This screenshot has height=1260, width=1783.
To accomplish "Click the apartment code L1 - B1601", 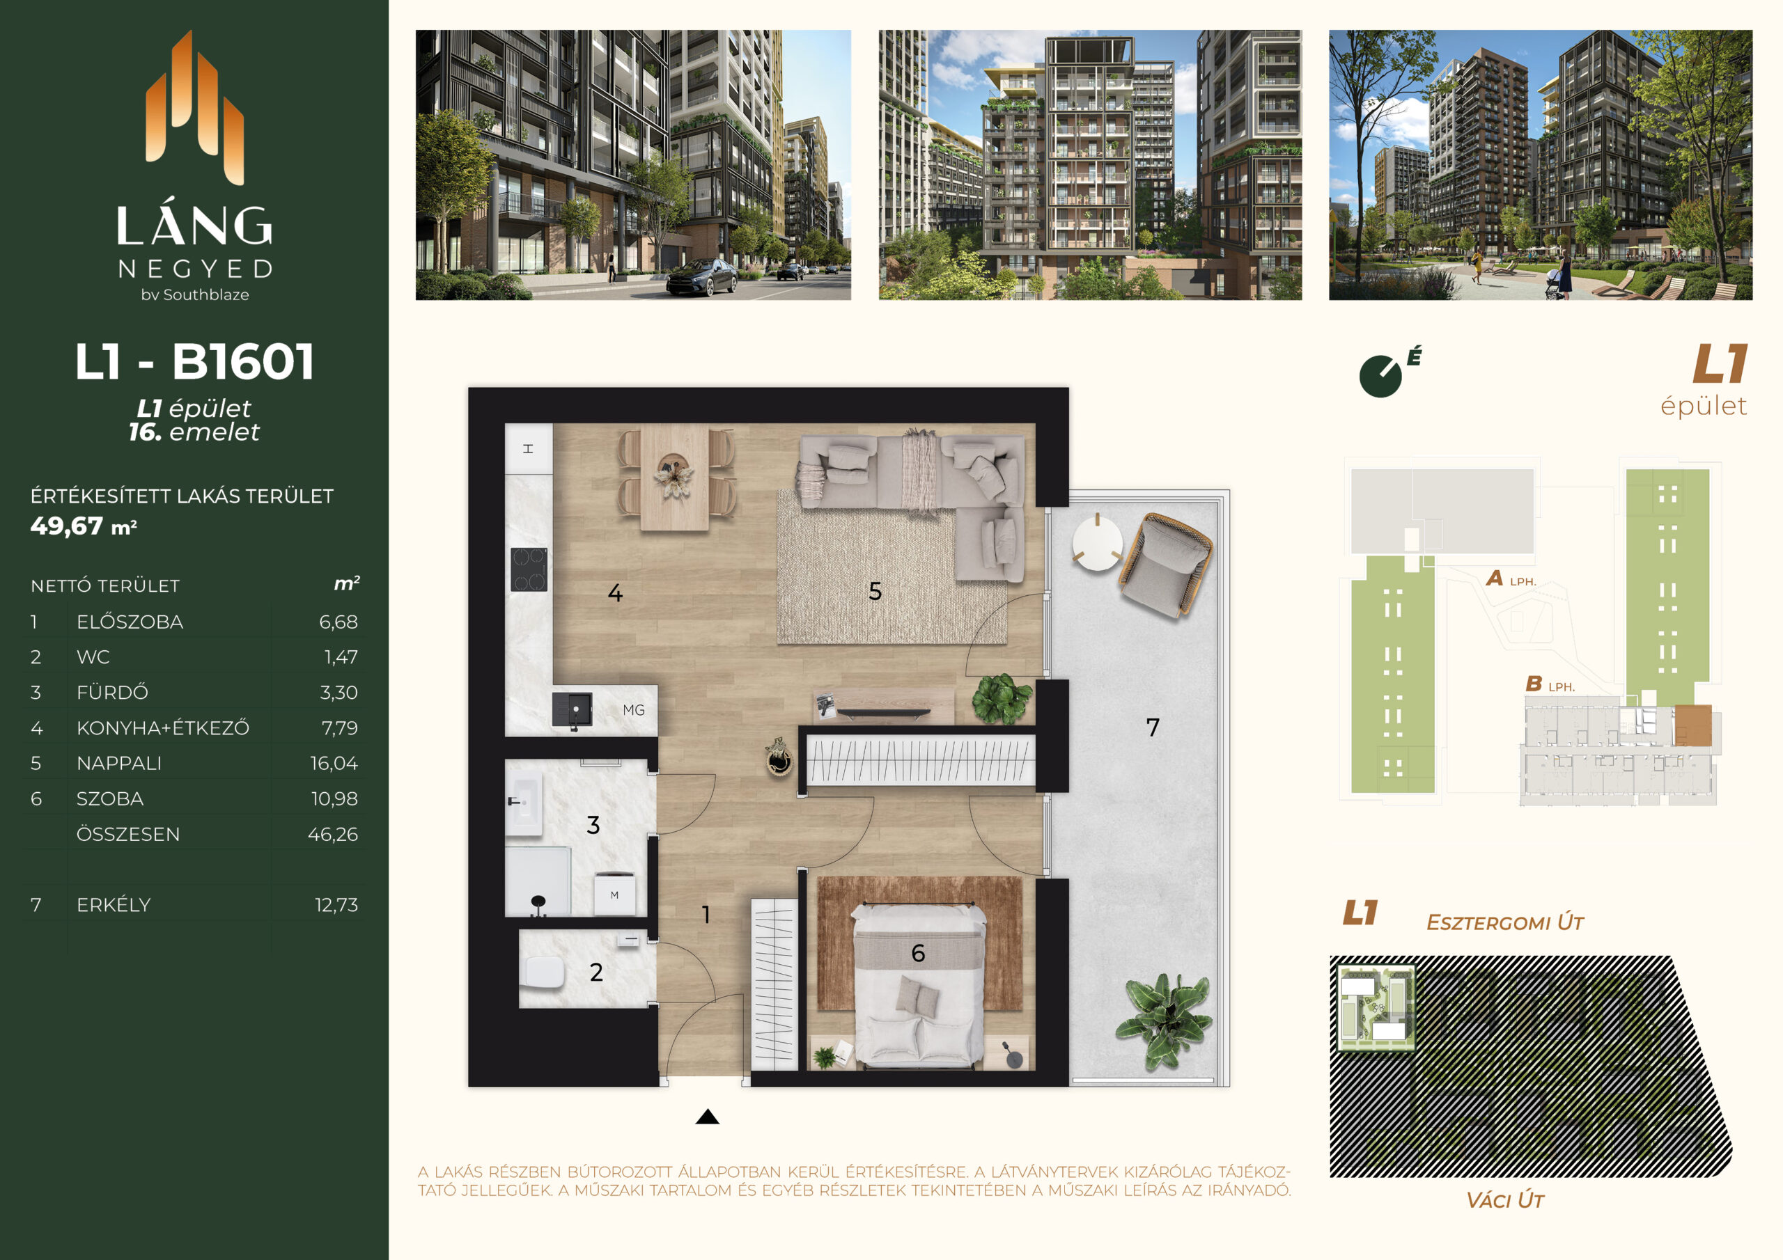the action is click(194, 362).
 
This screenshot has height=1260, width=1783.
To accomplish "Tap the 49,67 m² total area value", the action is click(84, 526).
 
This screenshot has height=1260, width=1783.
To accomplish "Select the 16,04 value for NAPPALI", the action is click(334, 763).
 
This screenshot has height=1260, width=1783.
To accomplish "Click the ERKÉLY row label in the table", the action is click(114, 904).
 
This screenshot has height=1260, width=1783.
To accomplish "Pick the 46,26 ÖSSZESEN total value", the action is click(332, 834).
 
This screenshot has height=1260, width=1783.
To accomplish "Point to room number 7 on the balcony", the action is click(1153, 727).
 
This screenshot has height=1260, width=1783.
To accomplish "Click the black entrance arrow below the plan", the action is click(707, 1117).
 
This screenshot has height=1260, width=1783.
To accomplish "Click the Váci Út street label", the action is click(1504, 1200).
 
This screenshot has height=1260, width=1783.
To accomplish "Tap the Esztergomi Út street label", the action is click(1504, 922).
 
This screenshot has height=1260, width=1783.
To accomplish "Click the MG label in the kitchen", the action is click(634, 710).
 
